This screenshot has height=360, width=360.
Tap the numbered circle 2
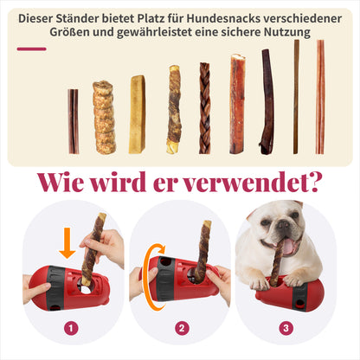[x=180, y=328]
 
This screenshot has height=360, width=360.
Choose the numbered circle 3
[x=285, y=328]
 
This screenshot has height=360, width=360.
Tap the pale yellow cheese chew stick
[x=137, y=114]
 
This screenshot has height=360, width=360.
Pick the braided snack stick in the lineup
[x=205, y=108]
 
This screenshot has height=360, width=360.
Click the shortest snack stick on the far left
[x=74, y=121]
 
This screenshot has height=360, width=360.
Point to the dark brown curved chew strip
[x=266, y=100]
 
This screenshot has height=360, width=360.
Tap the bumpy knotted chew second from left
[x=105, y=117]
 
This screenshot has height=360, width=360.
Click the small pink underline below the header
[x=32, y=48]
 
